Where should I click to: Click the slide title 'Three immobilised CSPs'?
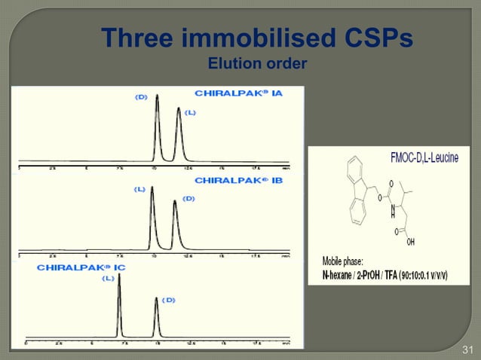(x=256, y=37)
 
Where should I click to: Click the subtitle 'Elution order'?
(x=256, y=63)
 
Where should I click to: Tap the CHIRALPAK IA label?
(x=238, y=93)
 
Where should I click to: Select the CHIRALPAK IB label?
(x=238, y=180)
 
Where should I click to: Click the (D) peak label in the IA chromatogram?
(x=141, y=96)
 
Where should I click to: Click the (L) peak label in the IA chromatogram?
(x=190, y=113)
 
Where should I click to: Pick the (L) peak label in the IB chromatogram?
(x=139, y=189)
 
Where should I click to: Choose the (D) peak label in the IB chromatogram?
(x=188, y=198)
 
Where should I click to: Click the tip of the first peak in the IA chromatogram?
(x=158, y=96)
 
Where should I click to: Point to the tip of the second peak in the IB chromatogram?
(x=175, y=200)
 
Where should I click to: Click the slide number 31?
(x=467, y=349)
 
